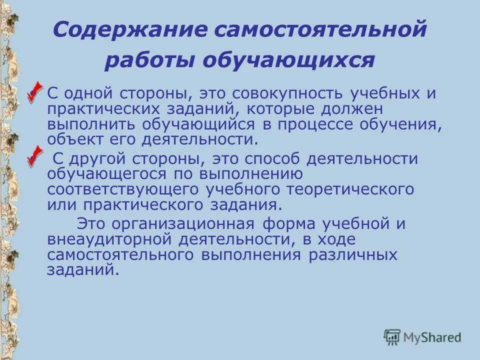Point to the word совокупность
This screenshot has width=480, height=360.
coord(273,94)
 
